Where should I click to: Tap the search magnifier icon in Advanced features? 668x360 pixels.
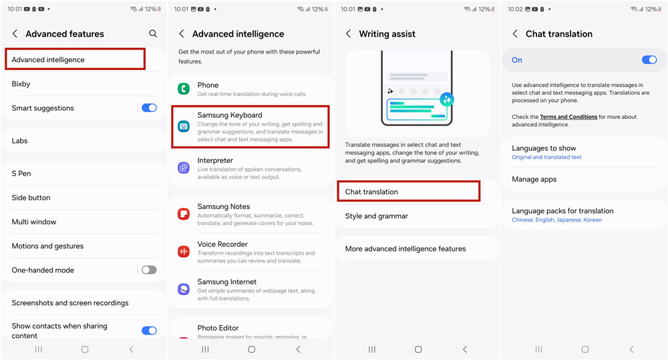coord(153,33)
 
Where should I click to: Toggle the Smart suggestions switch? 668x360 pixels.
coord(149,108)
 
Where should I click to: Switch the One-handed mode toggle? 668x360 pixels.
coord(149,270)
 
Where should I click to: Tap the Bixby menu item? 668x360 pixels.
coord(21,84)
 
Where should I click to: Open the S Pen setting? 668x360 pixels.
coord(21,174)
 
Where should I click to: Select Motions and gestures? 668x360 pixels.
coord(47,246)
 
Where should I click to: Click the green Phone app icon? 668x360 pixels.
coord(184,89)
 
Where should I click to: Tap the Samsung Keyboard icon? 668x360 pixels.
coord(184,126)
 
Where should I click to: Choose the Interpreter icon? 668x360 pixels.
coord(184,168)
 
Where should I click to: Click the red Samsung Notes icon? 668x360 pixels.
coord(184,214)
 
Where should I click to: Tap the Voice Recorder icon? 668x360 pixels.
coord(184,252)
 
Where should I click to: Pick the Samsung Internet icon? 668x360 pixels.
coord(184,289)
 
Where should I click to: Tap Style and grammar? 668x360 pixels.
coord(377,216)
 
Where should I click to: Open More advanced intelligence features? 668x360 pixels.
coord(405,249)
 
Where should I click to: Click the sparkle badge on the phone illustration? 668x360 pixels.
coord(447,100)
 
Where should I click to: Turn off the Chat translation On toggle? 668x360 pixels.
coord(649,60)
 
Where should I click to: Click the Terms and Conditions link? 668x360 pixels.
coord(568,117)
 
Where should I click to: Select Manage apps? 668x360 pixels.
coord(534,180)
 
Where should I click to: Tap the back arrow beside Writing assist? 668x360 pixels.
coord(349,33)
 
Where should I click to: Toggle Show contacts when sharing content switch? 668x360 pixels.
coord(149,331)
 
